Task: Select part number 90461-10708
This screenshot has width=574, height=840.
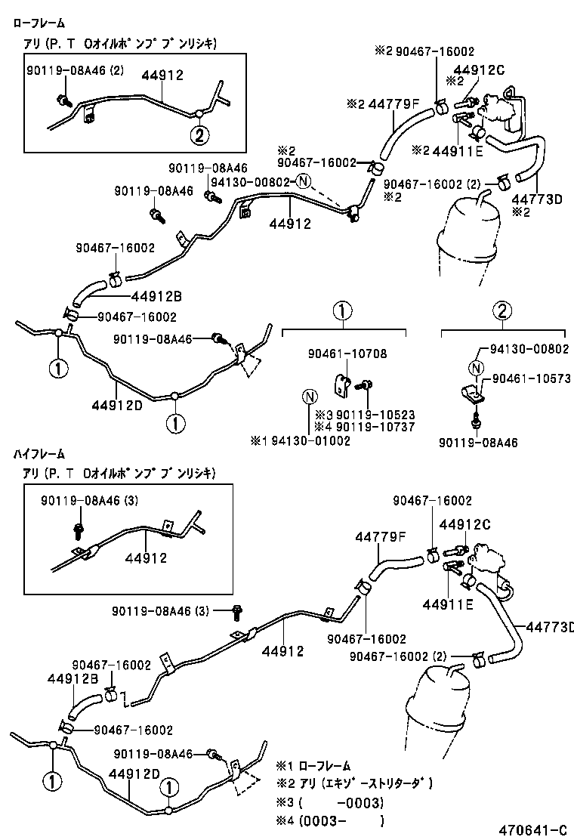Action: tap(347, 354)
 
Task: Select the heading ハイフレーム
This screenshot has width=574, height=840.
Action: tap(39, 454)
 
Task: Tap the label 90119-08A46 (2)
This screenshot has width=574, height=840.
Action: tap(73, 71)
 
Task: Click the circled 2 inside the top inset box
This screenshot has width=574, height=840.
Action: tap(198, 136)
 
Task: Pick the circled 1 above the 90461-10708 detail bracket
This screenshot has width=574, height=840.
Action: tap(342, 310)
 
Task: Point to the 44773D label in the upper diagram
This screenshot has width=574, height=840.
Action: tap(537, 199)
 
